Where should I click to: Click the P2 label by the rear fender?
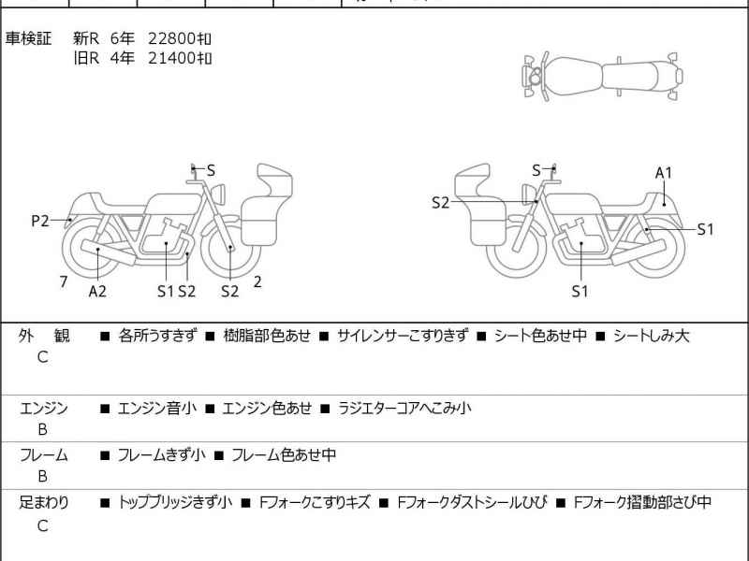(x=39, y=221)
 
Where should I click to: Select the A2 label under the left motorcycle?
(x=97, y=291)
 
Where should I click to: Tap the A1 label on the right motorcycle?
(x=664, y=172)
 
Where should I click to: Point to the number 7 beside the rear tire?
(x=63, y=280)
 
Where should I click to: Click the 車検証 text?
(x=29, y=38)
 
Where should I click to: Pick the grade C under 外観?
(x=42, y=357)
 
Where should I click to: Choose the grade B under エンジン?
(x=42, y=430)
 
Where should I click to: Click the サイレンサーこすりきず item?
(x=403, y=336)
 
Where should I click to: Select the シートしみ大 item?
(x=651, y=336)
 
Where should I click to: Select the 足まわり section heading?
(x=44, y=502)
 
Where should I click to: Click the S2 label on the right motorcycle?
(x=440, y=202)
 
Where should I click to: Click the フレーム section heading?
(x=44, y=455)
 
